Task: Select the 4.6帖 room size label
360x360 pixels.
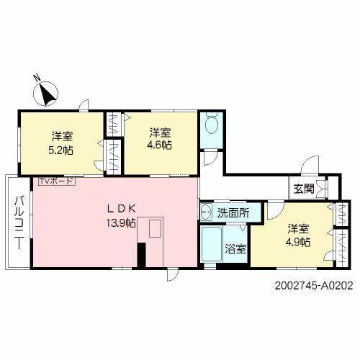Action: pyautogui.click(x=160, y=145)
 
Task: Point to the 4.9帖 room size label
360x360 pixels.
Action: pyautogui.click(x=299, y=242)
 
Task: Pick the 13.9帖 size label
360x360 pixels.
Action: pyautogui.click(x=120, y=222)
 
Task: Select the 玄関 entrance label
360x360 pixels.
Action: pyautogui.click(x=304, y=189)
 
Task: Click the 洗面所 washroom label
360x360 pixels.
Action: pyautogui.click(x=234, y=213)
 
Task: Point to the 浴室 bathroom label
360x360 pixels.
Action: pyautogui.click(x=235, y=249)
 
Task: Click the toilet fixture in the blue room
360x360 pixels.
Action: pyautogui.click(x=210, y=126)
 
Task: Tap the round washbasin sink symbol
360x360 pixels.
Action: pyautogui.click(x=206, y=212)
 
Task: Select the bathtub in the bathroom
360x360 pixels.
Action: pyautogui.click(x=212, y=246)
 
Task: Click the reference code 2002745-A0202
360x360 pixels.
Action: pyautogui.click(x=314, y=285)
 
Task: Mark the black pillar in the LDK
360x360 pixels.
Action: pyautogui.click(x=142, y=255)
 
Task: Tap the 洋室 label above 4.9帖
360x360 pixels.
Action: pyautogui.click(x=299, y=229)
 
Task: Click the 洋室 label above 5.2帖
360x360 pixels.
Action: pyautogui.click(x=61, y=135)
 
